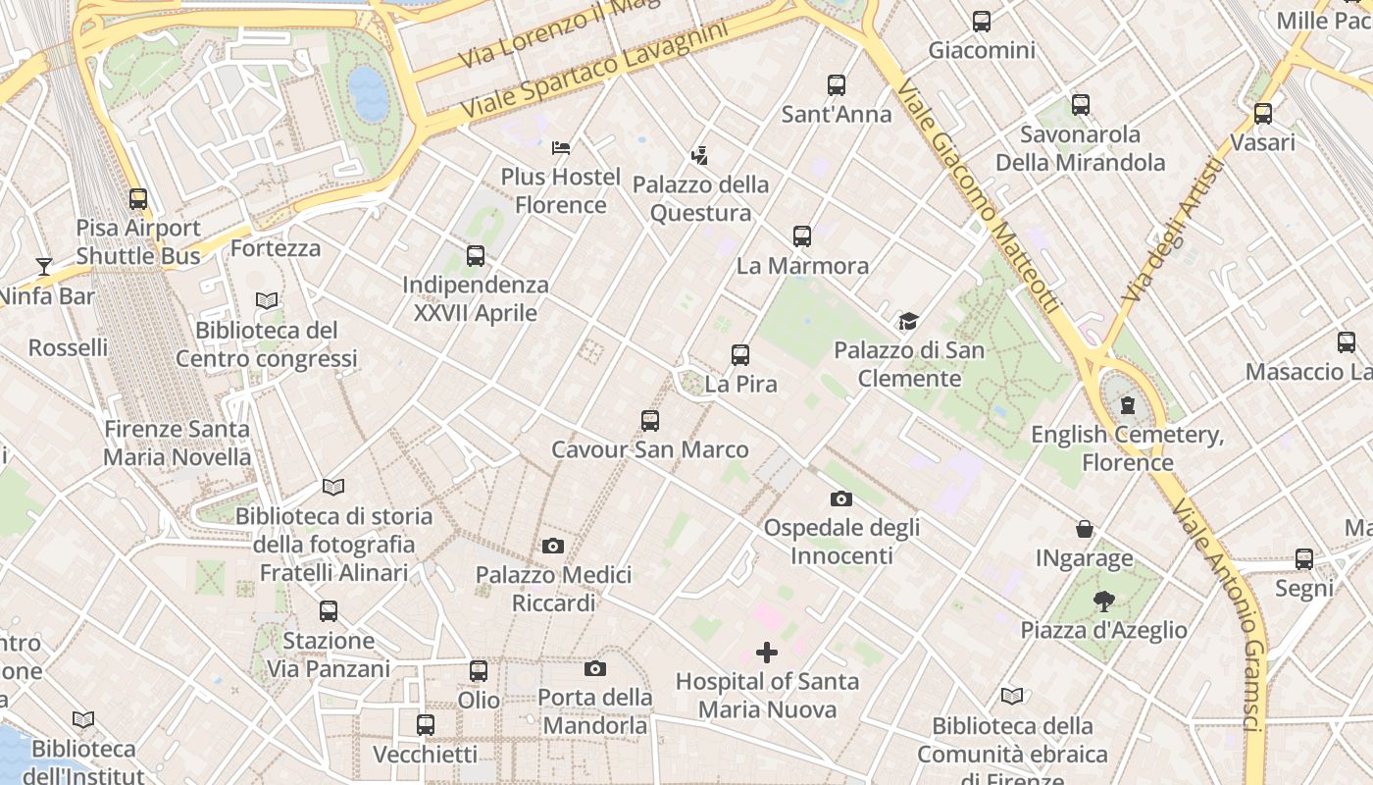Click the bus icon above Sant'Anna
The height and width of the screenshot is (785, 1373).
click(x=836, y=85)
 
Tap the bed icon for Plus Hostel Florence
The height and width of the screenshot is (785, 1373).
click(x=561, y=148)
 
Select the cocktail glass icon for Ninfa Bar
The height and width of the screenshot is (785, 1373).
click(x=44, y=266)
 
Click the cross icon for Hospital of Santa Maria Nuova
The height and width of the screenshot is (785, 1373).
click(x=767, y=653)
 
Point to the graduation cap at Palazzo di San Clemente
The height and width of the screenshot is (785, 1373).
click(x=908, y=321)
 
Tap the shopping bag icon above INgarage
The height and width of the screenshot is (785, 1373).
click(x=1085, y=530)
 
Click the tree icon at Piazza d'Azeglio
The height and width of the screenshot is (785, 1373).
click(x=1103, y=602)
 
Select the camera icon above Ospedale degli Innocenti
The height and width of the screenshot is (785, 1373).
click(x=840, y=499)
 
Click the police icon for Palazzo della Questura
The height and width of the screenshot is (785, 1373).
click(x=699, y=155)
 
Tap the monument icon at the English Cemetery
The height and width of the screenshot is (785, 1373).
click(x=1128, y=405)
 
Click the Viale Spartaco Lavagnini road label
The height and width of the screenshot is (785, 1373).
click(x=596, y=71)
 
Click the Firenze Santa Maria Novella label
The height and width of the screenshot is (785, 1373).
click(x=178, y=444)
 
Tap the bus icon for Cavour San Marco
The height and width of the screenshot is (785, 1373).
click(x=649, y=421)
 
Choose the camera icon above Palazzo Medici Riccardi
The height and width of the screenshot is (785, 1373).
click(x=553, y=547)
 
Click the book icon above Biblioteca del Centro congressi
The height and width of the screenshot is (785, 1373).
click(x=266, y=301)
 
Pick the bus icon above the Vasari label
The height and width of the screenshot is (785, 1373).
click(x=1263, y=114)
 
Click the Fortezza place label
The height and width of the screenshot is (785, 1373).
click(x=276, y=248)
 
